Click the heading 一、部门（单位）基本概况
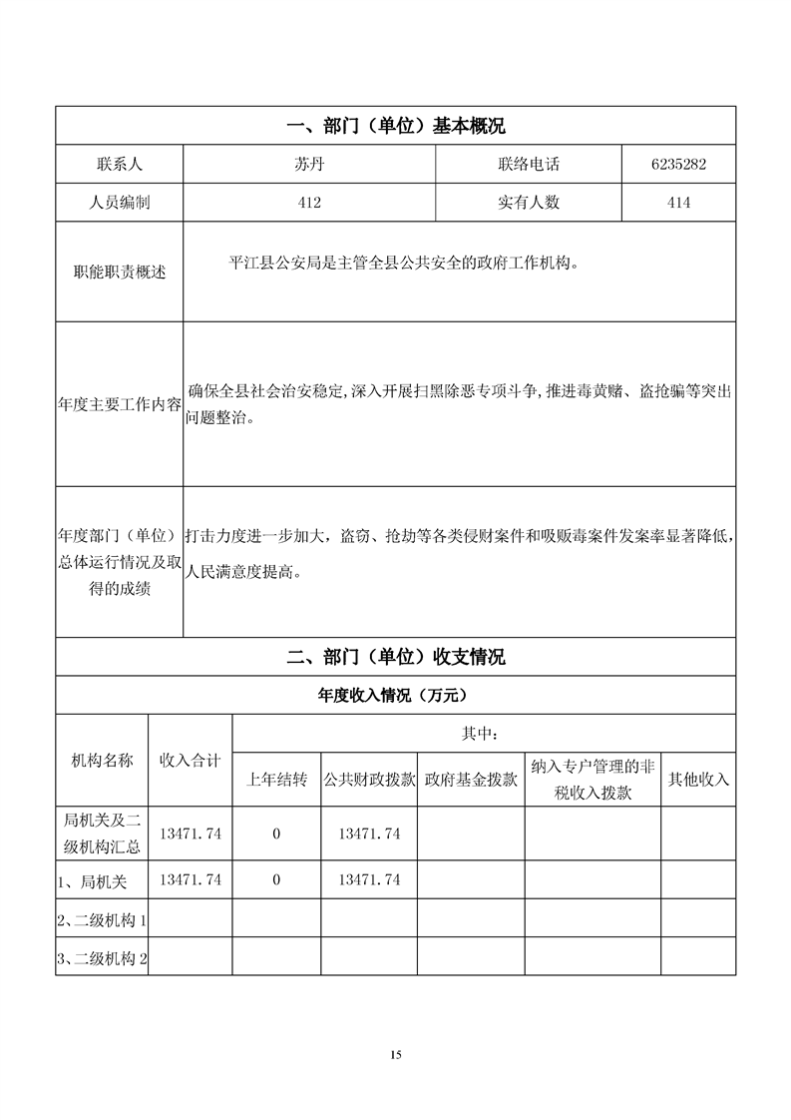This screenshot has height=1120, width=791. point(396,126)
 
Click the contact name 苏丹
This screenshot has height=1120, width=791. point(309,164)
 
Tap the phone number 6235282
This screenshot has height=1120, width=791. point(678,164)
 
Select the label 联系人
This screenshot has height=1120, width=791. point(120,164)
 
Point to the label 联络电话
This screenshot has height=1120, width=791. point(529,164)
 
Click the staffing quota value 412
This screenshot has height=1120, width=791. point(309,202)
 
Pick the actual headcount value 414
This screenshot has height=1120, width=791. point(678,202)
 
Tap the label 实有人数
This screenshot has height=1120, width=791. point(529,202)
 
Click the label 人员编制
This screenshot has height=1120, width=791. point(120,202)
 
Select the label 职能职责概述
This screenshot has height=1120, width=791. point(120,272)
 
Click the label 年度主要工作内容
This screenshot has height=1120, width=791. point(120,404)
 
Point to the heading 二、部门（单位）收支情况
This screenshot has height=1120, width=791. point(396,657)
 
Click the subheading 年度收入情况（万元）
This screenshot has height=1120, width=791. point(396,695)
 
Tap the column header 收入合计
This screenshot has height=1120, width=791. point(191,760)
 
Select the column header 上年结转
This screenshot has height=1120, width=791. point(276,780)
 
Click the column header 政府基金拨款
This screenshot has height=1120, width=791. point(471,780)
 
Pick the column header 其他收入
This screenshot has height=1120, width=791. point(698,780)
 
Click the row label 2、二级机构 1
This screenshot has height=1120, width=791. point(103,919)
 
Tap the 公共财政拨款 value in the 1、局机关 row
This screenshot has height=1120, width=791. point(370,879)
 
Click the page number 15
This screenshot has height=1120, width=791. point(396,1054)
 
